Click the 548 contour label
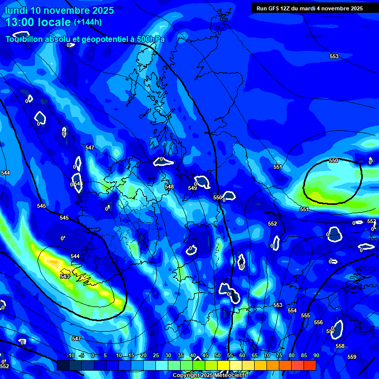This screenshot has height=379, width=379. [169, 187]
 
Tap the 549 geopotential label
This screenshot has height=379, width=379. [192, 188]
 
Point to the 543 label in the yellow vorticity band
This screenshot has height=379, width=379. [65, 276]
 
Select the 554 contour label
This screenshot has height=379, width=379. [292, 311]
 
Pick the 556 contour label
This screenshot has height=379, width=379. [318, 323]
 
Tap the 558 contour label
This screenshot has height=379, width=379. [340, 346]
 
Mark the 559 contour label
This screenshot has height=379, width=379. [352, 357]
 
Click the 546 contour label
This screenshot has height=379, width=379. [78, 184]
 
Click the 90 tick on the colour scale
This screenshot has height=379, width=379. [316, 356]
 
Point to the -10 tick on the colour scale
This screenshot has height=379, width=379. [71, 356]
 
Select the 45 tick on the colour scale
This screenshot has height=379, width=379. [205, 356]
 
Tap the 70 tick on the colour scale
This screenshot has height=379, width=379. [267, 356]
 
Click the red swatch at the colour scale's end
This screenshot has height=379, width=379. [309, 365]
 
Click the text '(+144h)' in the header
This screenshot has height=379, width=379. [88, 22]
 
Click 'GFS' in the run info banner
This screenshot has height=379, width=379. [274, 8]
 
